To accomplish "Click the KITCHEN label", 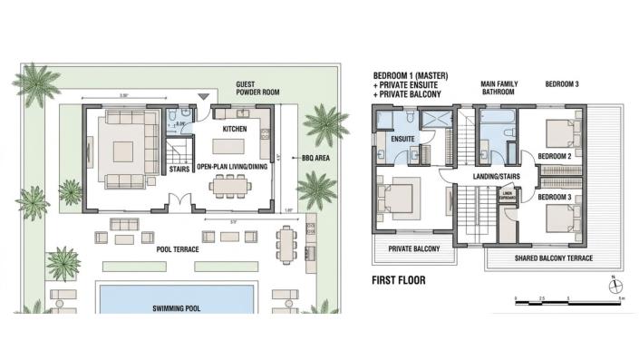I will tap(235, 129).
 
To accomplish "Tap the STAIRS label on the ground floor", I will tap(178, 168).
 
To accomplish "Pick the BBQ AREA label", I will tap(308, 157).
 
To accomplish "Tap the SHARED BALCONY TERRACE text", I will tap(552, 257).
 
